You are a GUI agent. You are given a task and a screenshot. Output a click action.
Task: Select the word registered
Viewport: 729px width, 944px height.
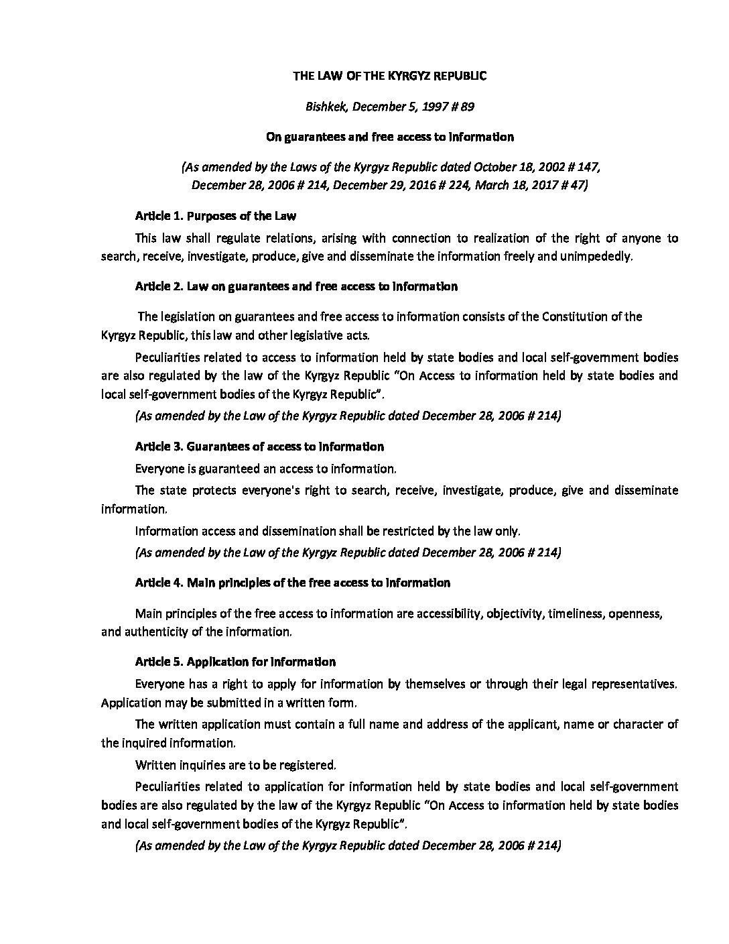click(310, 765)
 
